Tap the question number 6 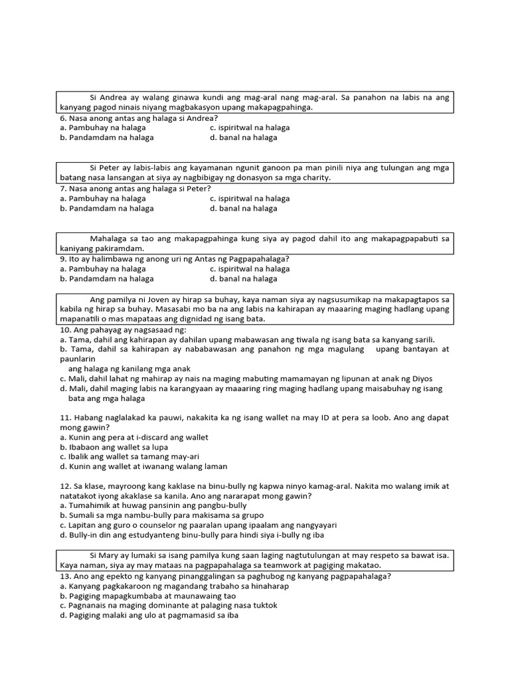click(x=62, y=118)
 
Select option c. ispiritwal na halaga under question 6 click(x=250, y=127)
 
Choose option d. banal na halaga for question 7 click(x=243, y=209)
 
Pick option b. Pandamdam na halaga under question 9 click(x=106, y=279)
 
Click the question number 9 click(x=62, y=259)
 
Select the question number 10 click(x=64, y=329)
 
